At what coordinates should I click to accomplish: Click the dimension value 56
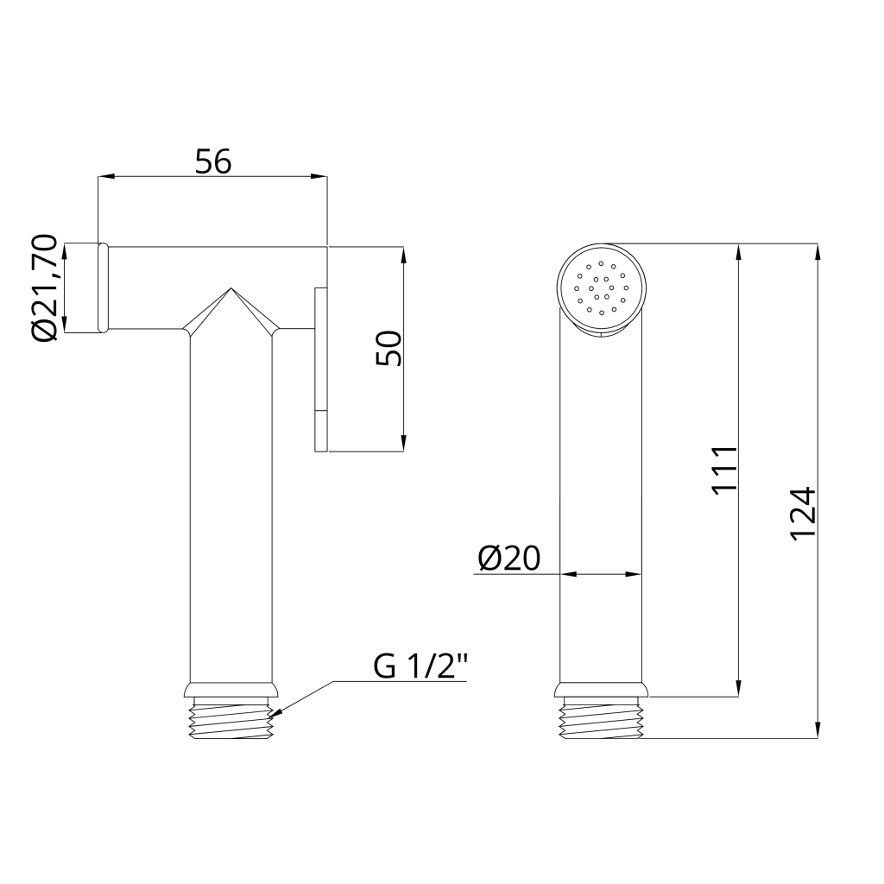(x=213, y=161)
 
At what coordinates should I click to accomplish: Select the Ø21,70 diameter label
(x=45, y=287)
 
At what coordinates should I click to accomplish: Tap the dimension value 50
(x=389, y=349)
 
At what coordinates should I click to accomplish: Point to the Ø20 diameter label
(x=509, y=559)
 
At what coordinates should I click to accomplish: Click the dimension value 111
(x=724, y=470)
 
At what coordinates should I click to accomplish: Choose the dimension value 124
(x=803, y=515)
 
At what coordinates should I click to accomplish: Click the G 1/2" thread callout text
(x=420, y=666)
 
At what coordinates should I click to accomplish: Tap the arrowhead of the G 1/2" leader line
(x=276, y=713)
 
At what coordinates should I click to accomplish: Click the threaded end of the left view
(x=231, y=717)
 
